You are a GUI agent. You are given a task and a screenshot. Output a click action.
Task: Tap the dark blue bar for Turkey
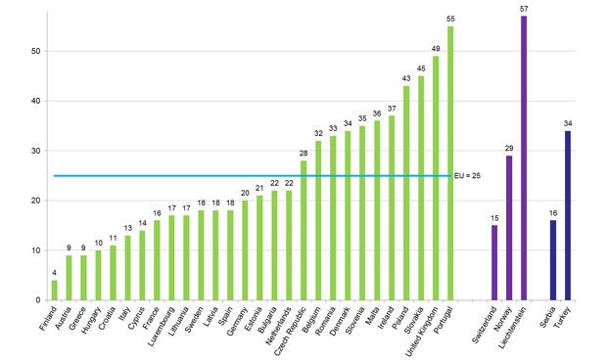coord(567,215)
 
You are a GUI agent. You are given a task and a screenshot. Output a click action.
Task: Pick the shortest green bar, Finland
coord(54,291)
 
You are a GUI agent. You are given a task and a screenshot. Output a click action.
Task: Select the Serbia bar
coord(552,260)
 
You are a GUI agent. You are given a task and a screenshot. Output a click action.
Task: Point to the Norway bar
coord(508,228)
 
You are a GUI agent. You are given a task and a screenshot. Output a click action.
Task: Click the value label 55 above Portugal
coord(450,19)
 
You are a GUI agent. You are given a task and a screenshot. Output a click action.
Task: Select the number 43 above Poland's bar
coord(406,78)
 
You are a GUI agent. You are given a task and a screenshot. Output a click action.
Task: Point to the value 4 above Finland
coord(54,273)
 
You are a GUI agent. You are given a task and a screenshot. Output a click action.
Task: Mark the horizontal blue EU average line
coord(245,176)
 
